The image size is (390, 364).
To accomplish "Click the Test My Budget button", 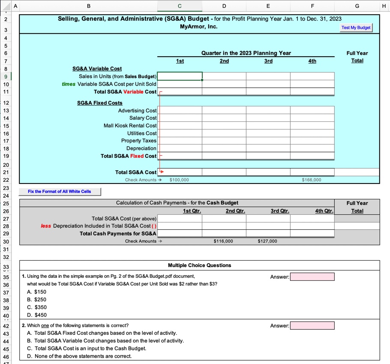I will pos(356,27).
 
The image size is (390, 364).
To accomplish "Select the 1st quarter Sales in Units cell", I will pos(180,76).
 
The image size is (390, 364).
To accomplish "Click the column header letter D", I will pos(224,6).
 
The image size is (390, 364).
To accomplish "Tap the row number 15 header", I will pos(6,126).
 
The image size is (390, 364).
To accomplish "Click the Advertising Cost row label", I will pos(137,111).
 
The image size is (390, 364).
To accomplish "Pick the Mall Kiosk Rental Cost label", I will pos(130,126).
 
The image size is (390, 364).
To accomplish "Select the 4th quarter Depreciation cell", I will pos(312,148).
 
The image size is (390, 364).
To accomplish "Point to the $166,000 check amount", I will pos(312,180).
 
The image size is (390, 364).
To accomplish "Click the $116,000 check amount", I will pos(224,241).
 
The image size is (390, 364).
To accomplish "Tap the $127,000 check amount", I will pos(268,241).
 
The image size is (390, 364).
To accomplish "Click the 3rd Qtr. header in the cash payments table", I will pos(280,211).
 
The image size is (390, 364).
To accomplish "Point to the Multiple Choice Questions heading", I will pos(199,265).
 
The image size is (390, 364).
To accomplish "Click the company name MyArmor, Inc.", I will pos(199,27).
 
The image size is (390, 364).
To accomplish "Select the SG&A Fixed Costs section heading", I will pos(99,103).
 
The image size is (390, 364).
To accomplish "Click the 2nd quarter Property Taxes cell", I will pos(224,141).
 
